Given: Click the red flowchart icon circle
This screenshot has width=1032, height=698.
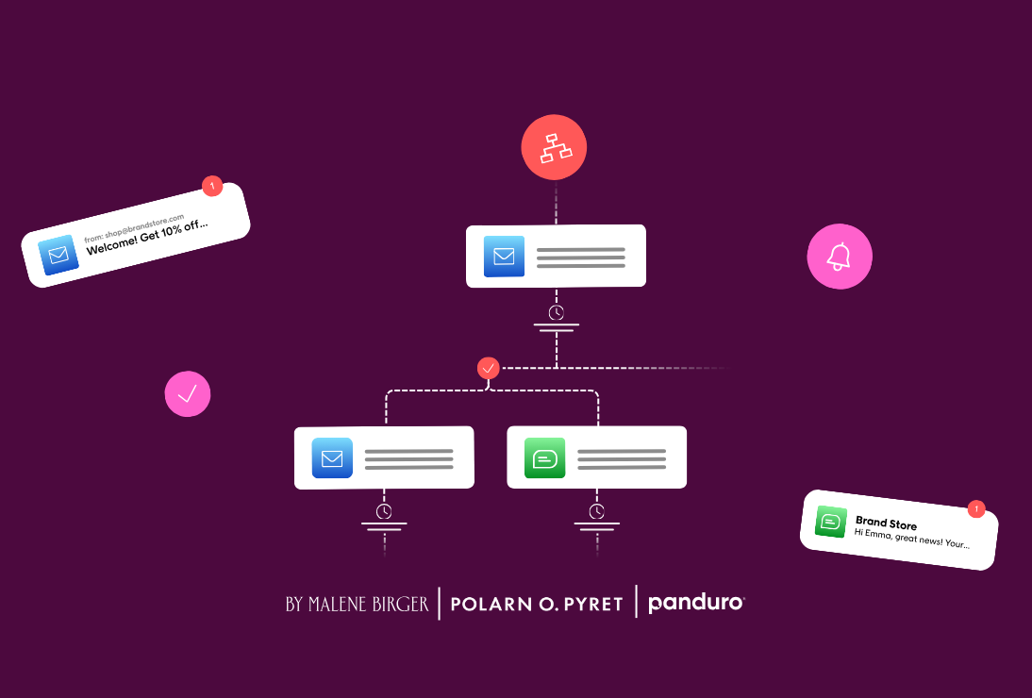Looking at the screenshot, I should pos(554,148).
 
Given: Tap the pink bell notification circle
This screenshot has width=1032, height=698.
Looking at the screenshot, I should pos(840,257).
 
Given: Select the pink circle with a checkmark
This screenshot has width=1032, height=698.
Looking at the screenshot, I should pos(188,393).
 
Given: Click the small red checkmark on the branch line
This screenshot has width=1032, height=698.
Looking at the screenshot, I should pos(488,369).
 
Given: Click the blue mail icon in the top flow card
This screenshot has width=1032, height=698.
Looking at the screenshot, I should pos(504,257).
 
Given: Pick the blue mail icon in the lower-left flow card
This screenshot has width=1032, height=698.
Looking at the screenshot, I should pos(332,458).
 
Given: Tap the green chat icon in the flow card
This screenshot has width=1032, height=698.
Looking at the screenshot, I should pos(545,458).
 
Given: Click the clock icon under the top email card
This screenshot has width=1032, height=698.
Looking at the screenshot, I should pos(557,312).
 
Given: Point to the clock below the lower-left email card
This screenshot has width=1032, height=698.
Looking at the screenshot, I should pos(384,511).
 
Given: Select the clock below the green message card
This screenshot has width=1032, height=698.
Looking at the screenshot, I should pos(597,511).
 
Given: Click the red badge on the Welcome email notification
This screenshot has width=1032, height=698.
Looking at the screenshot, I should pos(212,186).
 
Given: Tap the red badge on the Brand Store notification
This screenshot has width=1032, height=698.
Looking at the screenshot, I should pos(976,509).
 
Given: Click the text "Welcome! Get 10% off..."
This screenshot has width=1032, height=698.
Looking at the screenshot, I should pos(147,240).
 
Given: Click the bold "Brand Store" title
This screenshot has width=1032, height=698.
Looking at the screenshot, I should pos(886,523).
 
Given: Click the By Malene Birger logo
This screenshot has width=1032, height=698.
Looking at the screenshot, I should pos(357,604).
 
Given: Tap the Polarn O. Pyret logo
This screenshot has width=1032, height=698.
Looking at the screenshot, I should pos(537,605).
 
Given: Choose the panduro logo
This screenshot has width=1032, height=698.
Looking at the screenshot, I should pos(696,603).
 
